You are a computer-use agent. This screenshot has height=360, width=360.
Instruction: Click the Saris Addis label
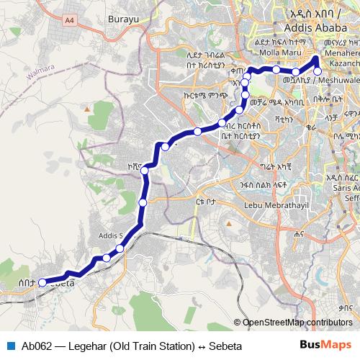(x=343, y=188)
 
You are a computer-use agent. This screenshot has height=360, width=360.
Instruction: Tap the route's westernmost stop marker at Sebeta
(x=42, y=282)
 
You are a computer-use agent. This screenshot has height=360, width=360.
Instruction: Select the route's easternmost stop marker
(x=318, y=71)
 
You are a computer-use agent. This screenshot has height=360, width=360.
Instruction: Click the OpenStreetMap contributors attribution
(x=297, y=323)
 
